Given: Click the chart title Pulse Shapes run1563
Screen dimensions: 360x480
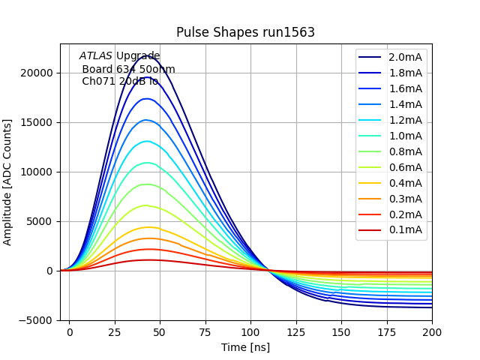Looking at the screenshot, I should pos(245,32).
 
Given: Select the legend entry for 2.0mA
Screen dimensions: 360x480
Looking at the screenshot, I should pos(405,57).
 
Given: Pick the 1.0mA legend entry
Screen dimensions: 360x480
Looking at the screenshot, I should pos(405,136).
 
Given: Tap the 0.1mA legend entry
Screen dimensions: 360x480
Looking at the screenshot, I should pos(405,230).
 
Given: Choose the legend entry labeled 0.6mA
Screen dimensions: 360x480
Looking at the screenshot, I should pos(405,167).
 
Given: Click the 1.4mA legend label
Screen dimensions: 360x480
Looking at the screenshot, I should pos(405,104).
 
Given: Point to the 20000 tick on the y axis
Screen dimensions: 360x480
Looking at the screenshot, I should pos(37,73).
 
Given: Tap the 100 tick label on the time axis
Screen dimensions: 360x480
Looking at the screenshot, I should pos(250,331).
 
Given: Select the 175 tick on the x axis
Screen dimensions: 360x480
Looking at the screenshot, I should pos(387,331).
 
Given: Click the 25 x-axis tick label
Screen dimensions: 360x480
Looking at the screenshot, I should pos(115,331).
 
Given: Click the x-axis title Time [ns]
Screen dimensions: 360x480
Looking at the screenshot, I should pos(245,347).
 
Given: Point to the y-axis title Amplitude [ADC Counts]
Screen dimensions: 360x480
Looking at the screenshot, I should pos(8,181).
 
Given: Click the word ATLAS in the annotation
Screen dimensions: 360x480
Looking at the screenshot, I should pos(95,56).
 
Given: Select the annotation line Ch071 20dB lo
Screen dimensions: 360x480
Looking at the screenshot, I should pos(119,81).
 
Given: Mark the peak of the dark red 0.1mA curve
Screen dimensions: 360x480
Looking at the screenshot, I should pos(148,260).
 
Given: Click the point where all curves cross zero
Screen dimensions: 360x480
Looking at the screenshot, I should pos(269,270).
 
